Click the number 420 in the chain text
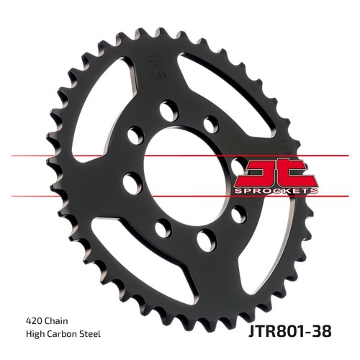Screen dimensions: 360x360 tap(32, 320)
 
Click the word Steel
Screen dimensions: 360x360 tap(91, 334)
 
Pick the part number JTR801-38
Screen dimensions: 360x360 tap(289, 331)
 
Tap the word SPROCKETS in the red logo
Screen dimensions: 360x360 tap(275, 191)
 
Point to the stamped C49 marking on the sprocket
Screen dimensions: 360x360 tap(156, 76)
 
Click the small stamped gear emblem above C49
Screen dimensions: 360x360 tap(153, 60)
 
